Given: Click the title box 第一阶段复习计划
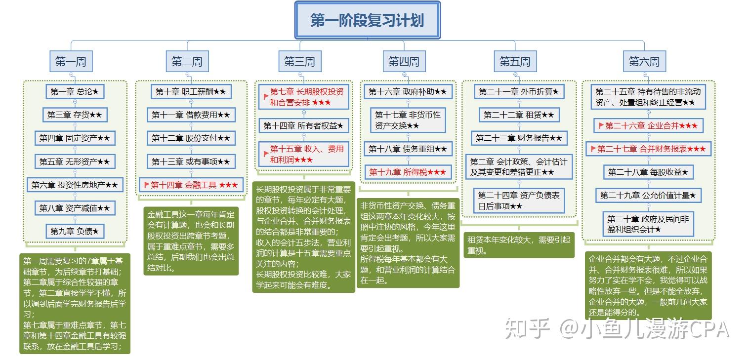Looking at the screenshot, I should coord(367,20).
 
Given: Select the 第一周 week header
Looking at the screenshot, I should coord(71,62).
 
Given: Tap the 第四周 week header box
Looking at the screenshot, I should coord(403,62).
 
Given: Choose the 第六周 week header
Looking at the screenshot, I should coord(644,62).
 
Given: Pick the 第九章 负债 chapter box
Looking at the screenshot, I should coord(75,231).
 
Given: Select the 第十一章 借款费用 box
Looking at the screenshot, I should coord(191,115).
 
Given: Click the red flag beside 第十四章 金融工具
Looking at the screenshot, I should coord(146,185).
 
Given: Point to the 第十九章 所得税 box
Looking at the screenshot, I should coord(408,172).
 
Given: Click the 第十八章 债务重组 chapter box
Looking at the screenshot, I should coord(408,149).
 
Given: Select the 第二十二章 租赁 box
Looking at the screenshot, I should coord(519,115).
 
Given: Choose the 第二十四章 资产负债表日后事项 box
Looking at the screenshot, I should coord(519,201).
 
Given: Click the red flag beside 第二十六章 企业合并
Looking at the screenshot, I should coord(601,126).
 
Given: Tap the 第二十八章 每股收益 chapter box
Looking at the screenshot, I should coord(648,172).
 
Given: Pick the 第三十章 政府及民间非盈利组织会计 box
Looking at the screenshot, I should coord(648,224).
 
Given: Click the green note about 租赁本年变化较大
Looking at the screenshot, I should coord(519,245).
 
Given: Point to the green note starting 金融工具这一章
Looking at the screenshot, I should coord(191,241).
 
